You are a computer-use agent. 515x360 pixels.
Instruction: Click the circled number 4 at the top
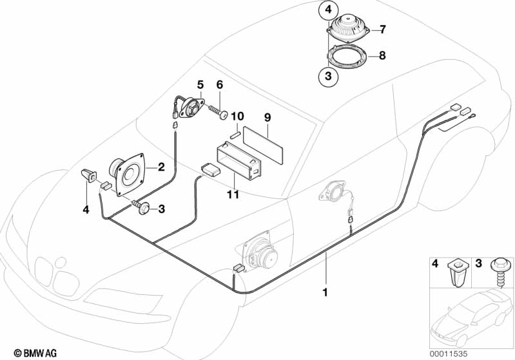(x=329, y=10)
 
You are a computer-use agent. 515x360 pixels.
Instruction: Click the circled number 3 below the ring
(x=328, y=77)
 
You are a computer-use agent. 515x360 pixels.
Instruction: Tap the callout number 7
(x=382, y=30)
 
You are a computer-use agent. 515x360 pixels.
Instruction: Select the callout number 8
(x=382, y=55)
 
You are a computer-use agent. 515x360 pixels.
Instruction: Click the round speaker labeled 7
(x=348, y=28)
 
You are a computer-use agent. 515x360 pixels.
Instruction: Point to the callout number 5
(x=200, y=84)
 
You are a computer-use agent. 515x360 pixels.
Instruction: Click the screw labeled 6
(x=219, y=111)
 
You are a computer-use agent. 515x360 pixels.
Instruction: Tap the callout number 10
(x=237, y=116)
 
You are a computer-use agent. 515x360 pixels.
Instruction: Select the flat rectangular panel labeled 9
(x=263, y=145)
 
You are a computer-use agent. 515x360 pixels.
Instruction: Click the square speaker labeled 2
(x=128, y=174)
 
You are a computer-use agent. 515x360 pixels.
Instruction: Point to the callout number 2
(x=161, y=167)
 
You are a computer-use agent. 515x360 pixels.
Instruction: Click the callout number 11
(x=233, y=194)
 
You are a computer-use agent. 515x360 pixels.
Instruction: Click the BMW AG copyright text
(x=35, y=353)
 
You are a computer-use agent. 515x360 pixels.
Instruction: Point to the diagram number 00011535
(x=449, y=354)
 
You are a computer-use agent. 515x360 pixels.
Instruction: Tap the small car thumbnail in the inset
(x=471, y=319)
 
